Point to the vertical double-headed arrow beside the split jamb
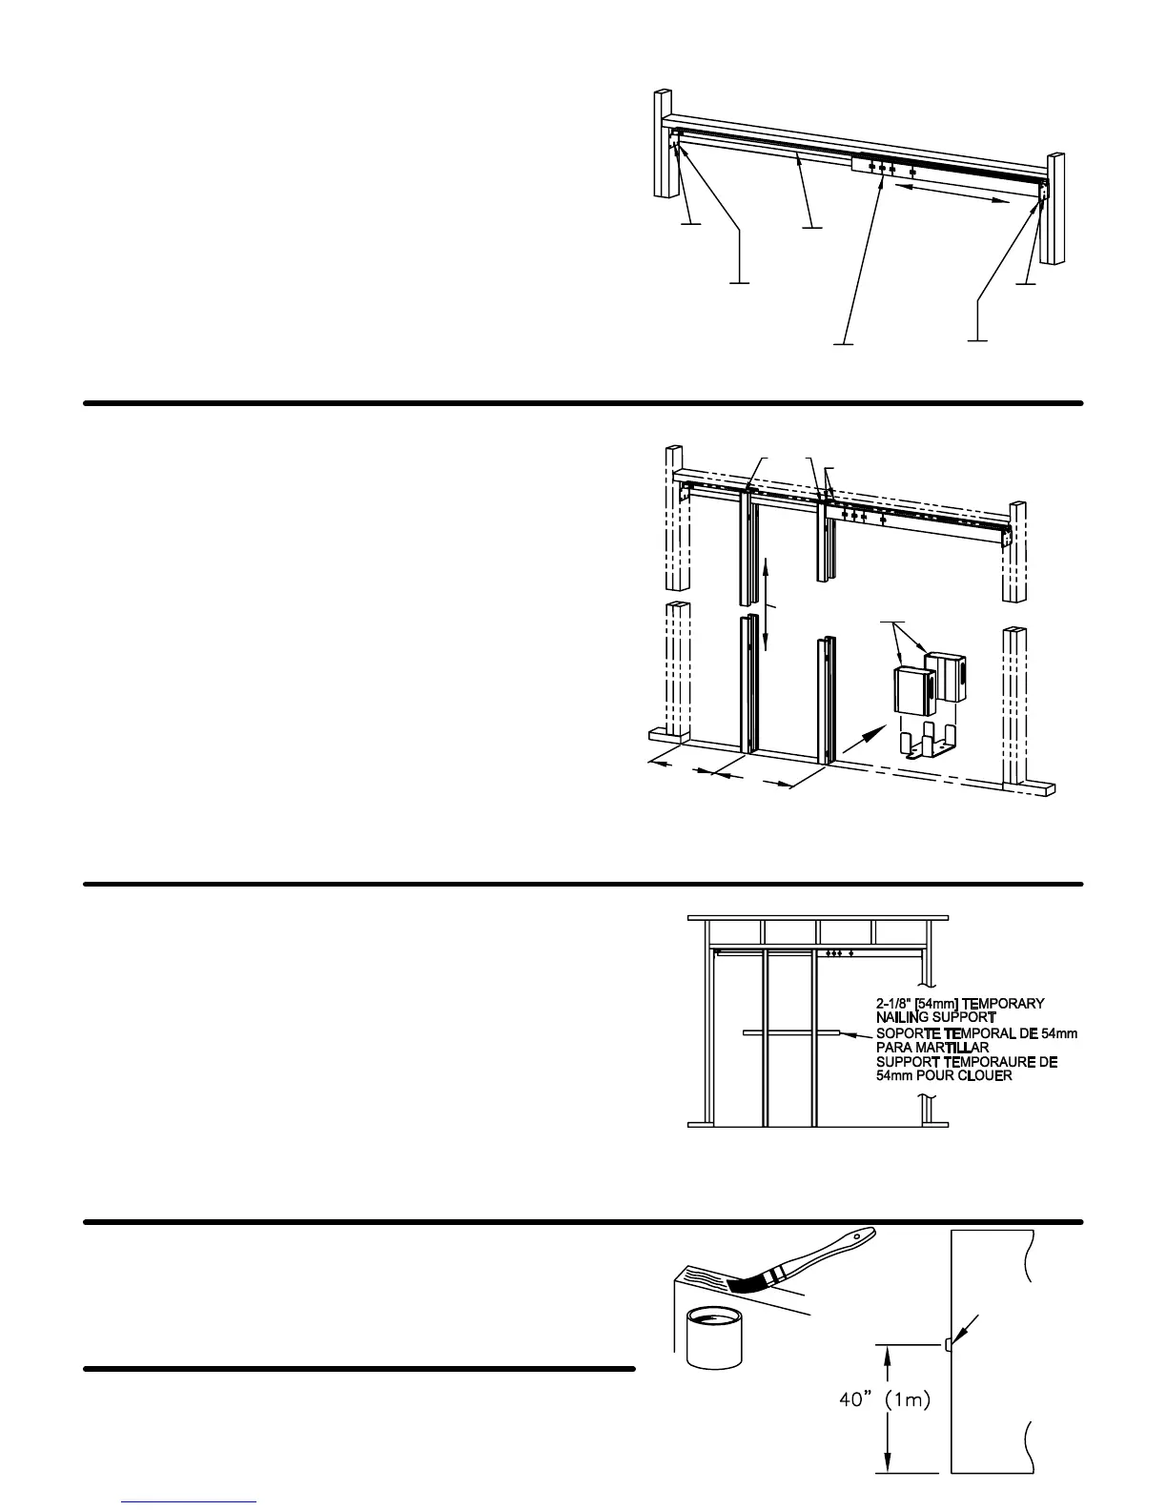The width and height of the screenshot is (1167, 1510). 766,604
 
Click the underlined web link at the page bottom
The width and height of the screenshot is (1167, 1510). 189,1502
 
